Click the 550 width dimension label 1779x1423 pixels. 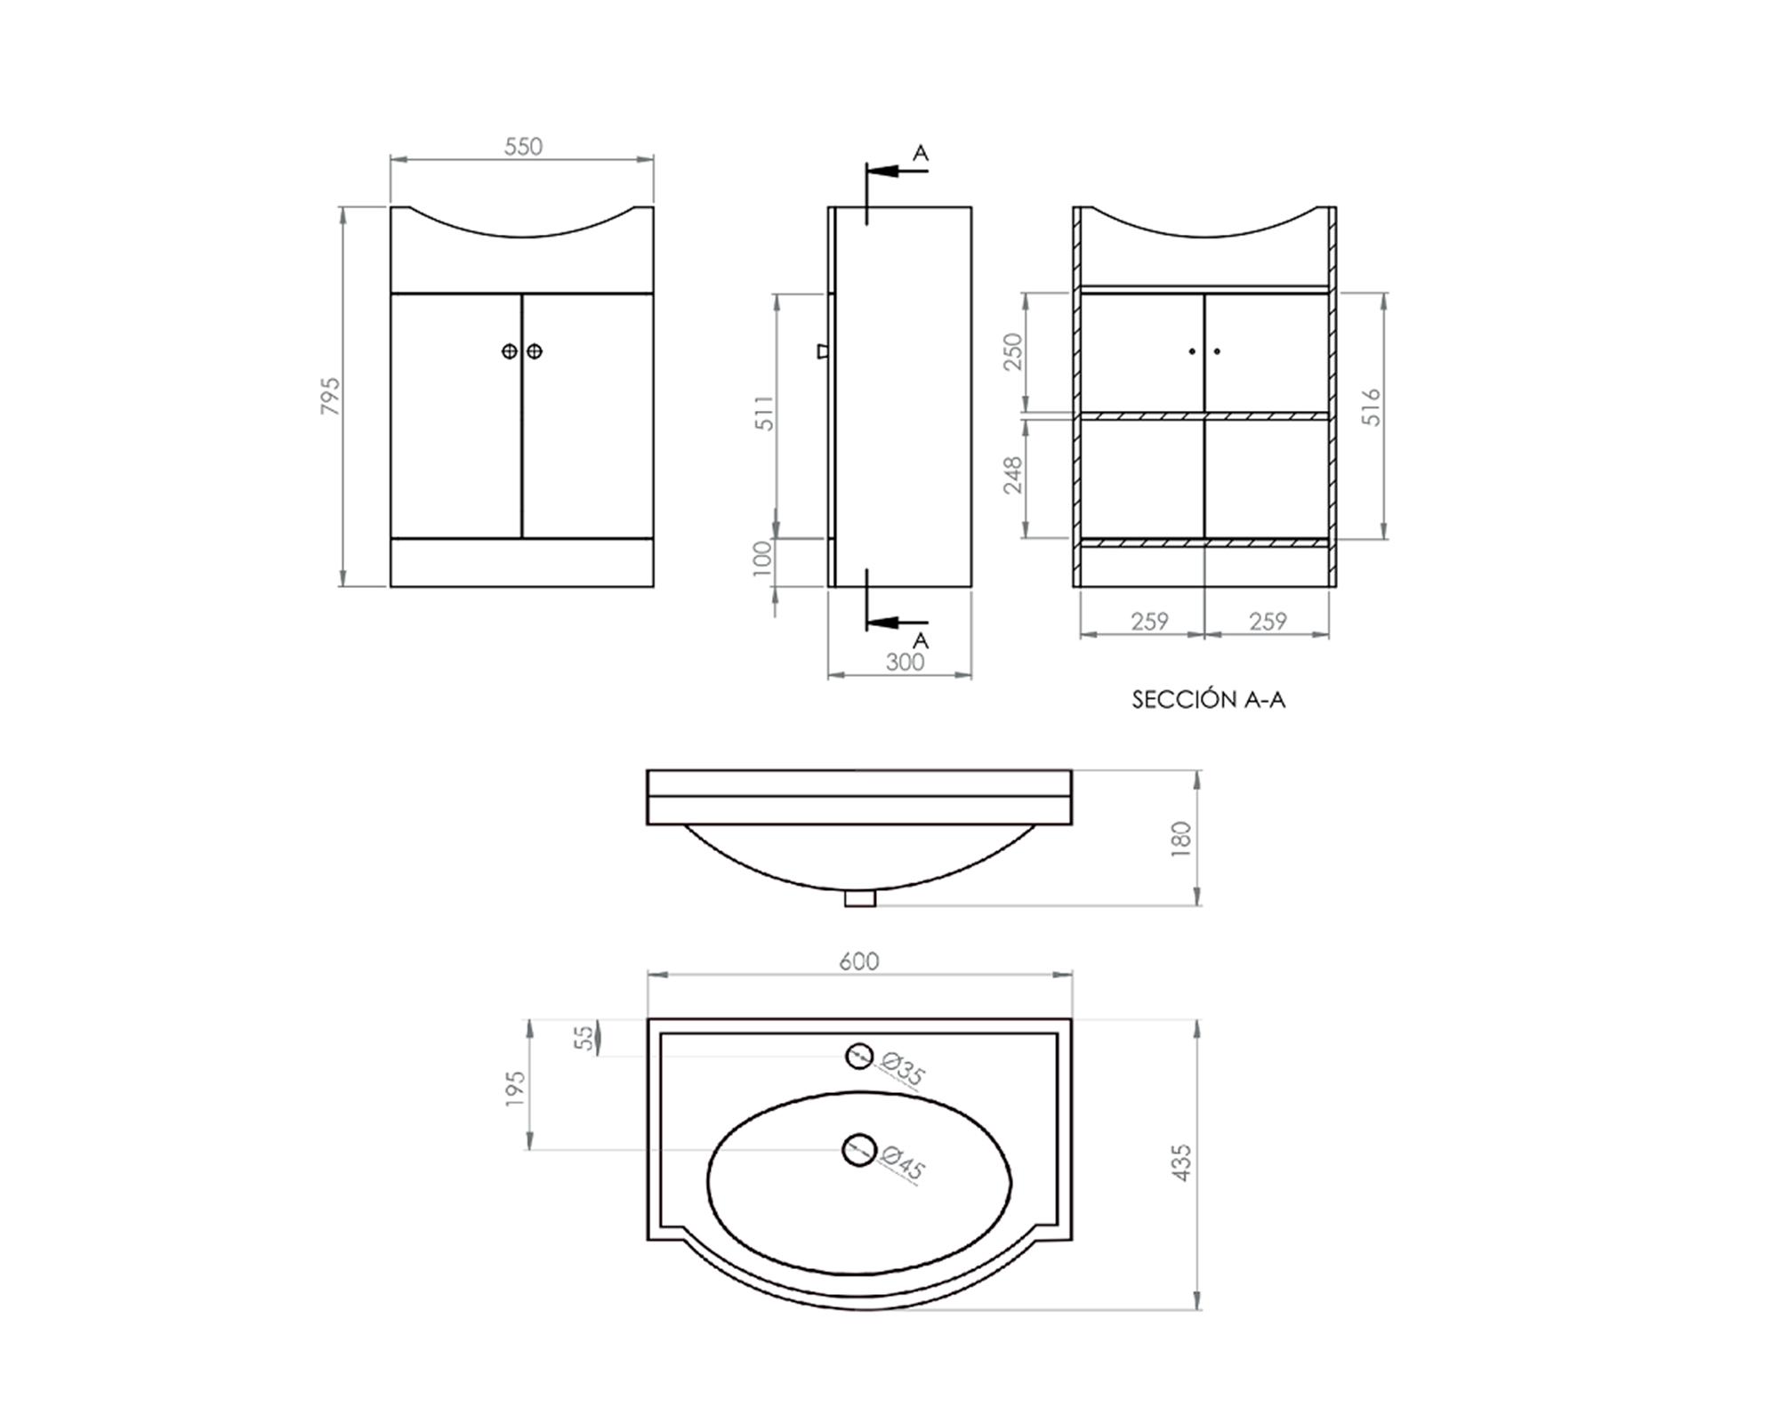[x=523, y=147]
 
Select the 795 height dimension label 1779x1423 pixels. [x=330, y=396]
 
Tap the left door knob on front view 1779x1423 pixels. [x=510, y=351]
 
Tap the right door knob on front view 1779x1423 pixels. [x=535, y=351]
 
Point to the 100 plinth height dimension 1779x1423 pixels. [x=763, y=559]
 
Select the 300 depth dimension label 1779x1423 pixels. [x=905, y=662]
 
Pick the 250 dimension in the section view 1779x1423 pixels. [x=1013, y=352]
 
